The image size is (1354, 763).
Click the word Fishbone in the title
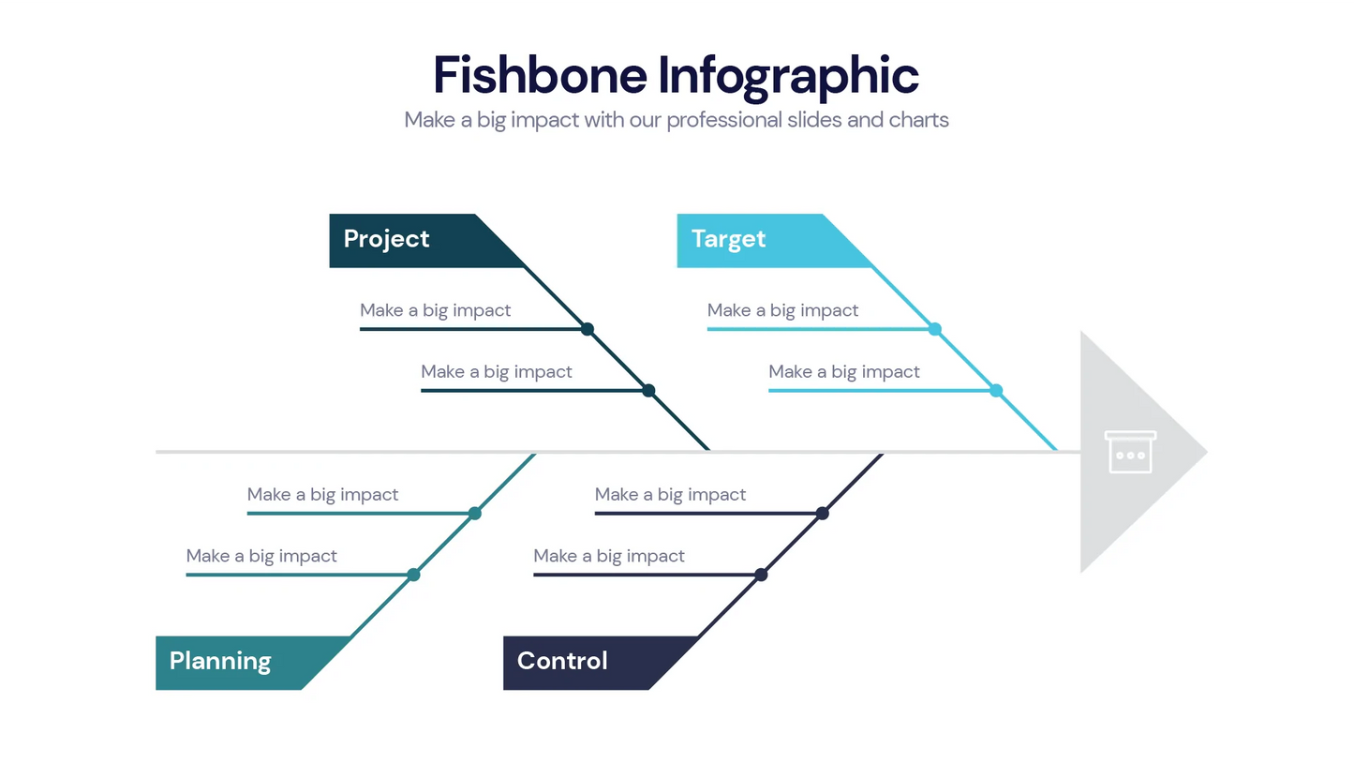tap(540, 74)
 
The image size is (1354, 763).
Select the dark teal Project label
tap(386, 239)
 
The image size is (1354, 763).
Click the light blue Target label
tap(728, 239)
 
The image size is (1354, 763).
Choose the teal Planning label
tap(220, 662)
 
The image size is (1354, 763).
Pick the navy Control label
tap(562, 662)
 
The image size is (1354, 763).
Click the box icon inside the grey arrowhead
tap(1130, 452)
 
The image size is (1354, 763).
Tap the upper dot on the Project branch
tap(588, 329)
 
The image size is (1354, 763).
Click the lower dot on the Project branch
tap(648, 390)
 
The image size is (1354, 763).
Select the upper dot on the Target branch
tap(934, 329)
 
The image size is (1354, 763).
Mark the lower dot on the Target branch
tap(996, 390)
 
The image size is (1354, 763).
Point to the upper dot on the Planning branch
tap(475, 513)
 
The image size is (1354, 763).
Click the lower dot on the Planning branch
tap(413, 575)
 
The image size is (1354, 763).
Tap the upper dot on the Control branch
tap(822, 513)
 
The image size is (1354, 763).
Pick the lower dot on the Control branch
tap(761, 575)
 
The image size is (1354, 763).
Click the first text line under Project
tap(436, 310)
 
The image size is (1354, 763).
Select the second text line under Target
tap(844, 372)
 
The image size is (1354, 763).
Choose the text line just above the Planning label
tap(261, 556)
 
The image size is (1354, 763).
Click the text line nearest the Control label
tap(609, 556)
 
